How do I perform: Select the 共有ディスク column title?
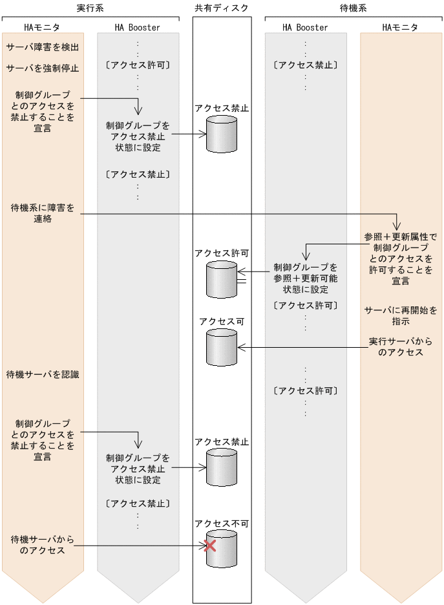point(222,7)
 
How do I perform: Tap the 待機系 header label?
point(354,7)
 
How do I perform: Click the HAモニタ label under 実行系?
point(41,28)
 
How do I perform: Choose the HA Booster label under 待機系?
point(305,28)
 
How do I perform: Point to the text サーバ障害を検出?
point(43,48)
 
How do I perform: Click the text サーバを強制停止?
point(43,68)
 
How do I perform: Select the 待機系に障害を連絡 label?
point(43,213)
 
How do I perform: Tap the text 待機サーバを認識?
point(43,374)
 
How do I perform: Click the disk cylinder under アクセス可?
point(222,347)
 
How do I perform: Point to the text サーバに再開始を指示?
point(401,315)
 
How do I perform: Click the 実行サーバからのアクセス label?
point(401,346)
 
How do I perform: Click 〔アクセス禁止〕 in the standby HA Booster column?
point(305,65)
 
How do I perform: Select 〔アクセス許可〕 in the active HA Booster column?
point(137,65)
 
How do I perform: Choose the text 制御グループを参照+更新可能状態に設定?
point(305,278)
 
